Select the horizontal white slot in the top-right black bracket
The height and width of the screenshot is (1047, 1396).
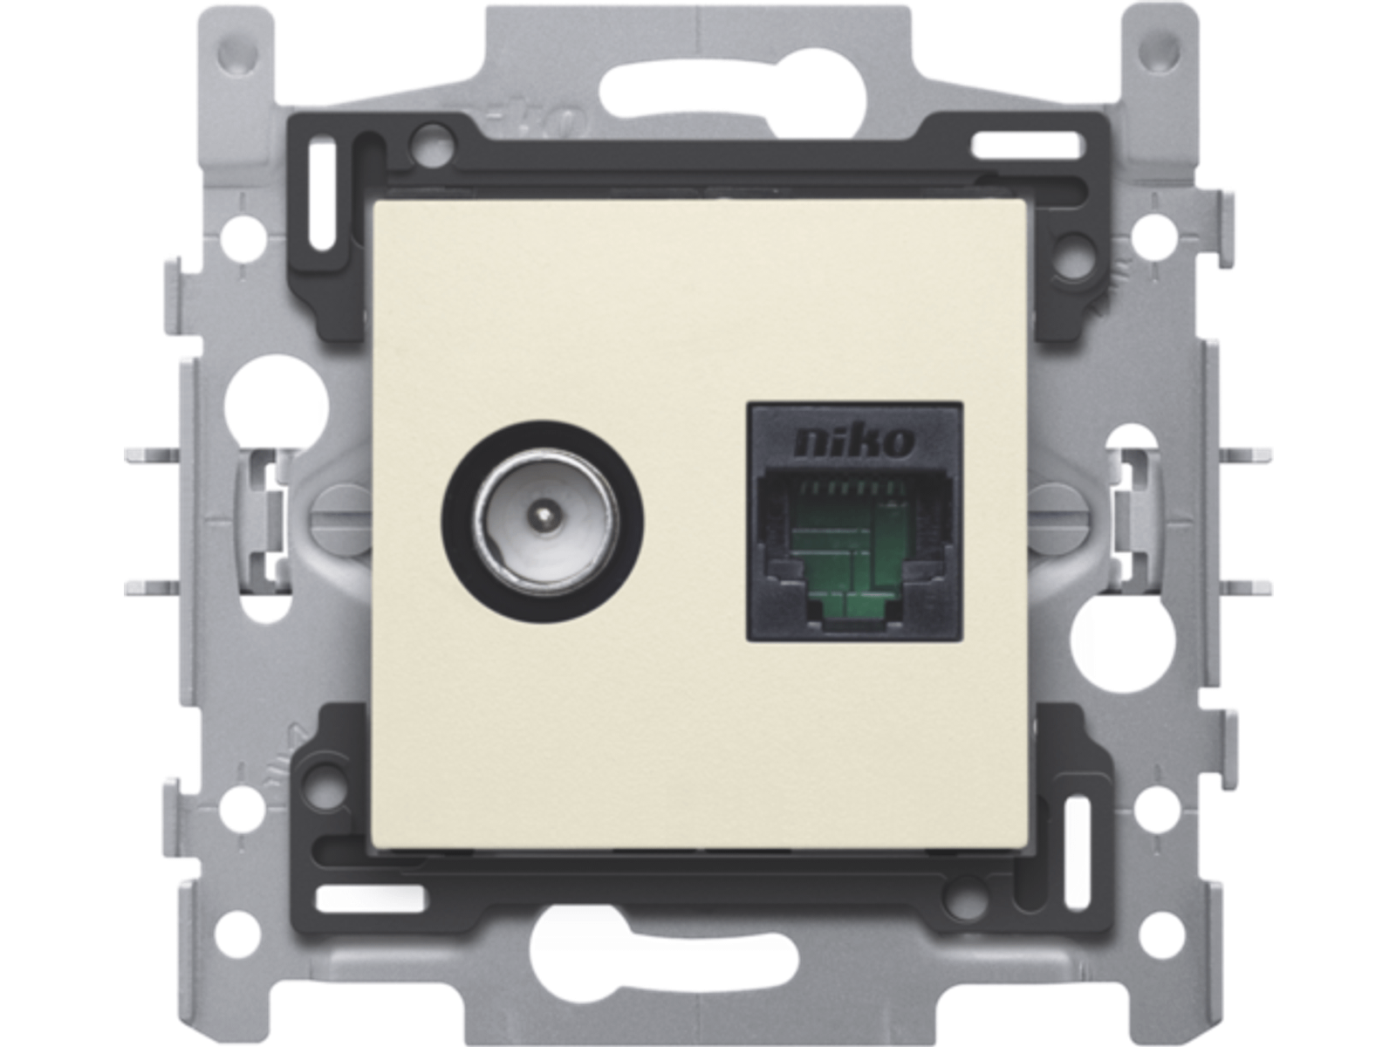1024,146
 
